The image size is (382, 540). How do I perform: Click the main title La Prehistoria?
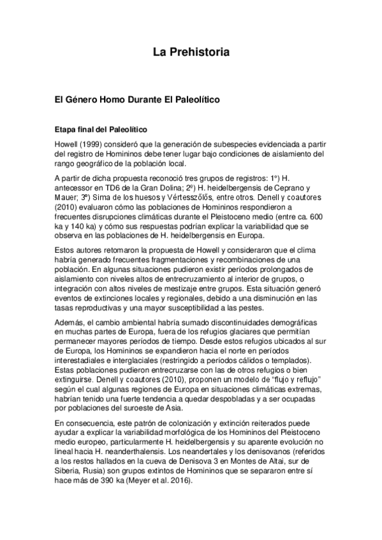click(x=191, y=51)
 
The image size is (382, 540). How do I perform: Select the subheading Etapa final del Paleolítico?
click(x=101, y=129)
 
